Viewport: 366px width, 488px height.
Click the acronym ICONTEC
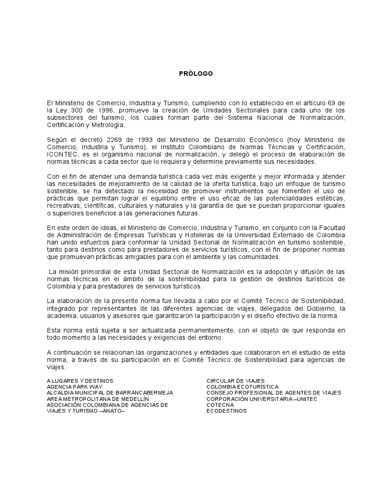60,154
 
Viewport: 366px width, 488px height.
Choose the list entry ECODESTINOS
226,411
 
